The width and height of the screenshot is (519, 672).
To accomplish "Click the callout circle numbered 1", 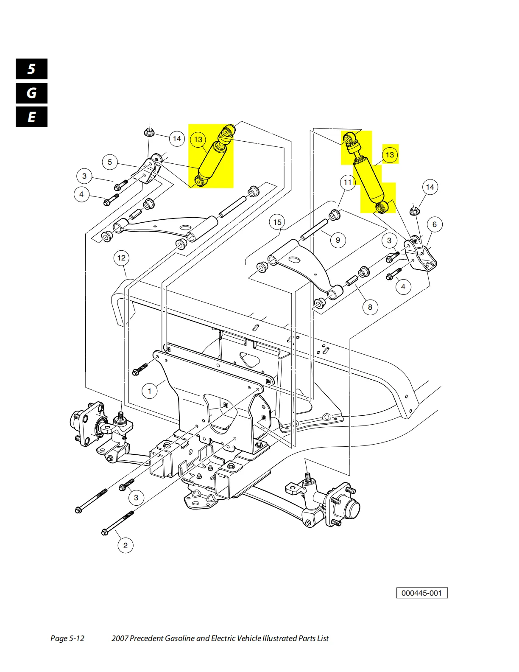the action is pos(150,391).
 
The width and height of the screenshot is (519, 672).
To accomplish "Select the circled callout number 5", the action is pos(110,162).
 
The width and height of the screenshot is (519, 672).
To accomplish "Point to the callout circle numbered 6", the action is pos(435,224).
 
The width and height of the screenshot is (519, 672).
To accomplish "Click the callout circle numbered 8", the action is pos(370,307).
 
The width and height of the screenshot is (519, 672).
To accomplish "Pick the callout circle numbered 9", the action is pos(338,240).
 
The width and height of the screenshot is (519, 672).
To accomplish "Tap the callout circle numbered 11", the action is pos(348,182).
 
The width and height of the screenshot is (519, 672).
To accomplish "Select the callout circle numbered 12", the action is pos(121,258).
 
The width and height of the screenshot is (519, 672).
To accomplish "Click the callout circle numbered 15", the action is pos(277,222).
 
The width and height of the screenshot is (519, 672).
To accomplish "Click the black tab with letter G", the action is pos(31,93).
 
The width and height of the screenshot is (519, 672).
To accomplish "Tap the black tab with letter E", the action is pos(31,117).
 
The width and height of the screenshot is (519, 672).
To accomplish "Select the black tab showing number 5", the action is pos(31,69).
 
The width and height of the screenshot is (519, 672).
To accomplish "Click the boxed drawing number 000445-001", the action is pos(422,593).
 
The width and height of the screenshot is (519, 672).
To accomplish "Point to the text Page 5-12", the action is pos(67,638).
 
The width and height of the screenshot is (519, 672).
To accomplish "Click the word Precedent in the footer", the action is pos(146,638).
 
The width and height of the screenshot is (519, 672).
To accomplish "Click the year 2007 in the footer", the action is pos(120,638).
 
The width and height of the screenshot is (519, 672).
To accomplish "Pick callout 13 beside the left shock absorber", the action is pos(198,140).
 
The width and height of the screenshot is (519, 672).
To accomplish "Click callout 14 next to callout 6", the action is pos(430,187).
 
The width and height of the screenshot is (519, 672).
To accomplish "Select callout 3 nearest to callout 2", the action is pos(136,498).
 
